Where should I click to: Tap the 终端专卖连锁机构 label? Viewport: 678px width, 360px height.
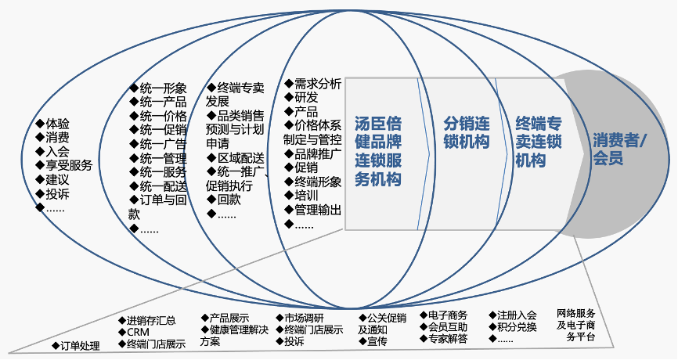click(x=539, y=142)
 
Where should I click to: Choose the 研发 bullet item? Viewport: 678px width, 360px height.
click(x=306, y=98)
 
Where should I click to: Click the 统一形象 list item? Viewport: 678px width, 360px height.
click(x=162, y=88)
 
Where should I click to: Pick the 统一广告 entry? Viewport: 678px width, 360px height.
click(x=162, y=144)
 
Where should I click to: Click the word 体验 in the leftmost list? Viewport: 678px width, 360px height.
click(x=57, y=123)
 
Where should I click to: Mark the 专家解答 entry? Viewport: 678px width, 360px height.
click(x=448, y=339)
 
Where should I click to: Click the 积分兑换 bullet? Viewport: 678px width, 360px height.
click(x=517, y=327)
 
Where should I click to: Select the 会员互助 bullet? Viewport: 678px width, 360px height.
click(x=448, y=327)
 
